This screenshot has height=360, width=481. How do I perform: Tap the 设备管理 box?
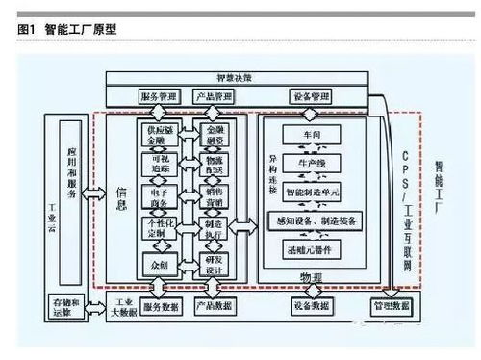point(310,96)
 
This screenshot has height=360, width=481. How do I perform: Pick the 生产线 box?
point(316,164)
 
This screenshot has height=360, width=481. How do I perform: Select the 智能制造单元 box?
point(316,192)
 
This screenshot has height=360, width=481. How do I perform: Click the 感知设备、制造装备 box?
point(316,221)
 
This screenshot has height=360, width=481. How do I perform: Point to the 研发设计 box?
point(213,262)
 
